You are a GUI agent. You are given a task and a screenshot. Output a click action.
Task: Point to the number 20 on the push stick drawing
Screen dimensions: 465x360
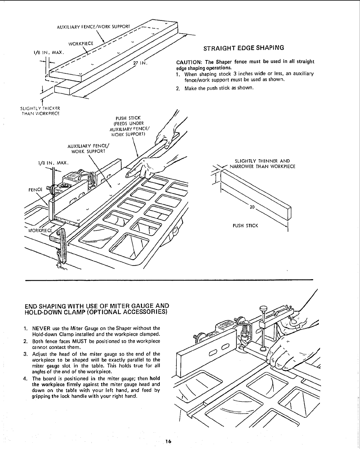252,207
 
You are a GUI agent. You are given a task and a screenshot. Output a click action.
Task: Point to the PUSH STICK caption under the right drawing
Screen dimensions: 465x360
245,226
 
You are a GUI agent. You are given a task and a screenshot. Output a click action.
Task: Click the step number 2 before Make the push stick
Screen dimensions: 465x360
178,88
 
